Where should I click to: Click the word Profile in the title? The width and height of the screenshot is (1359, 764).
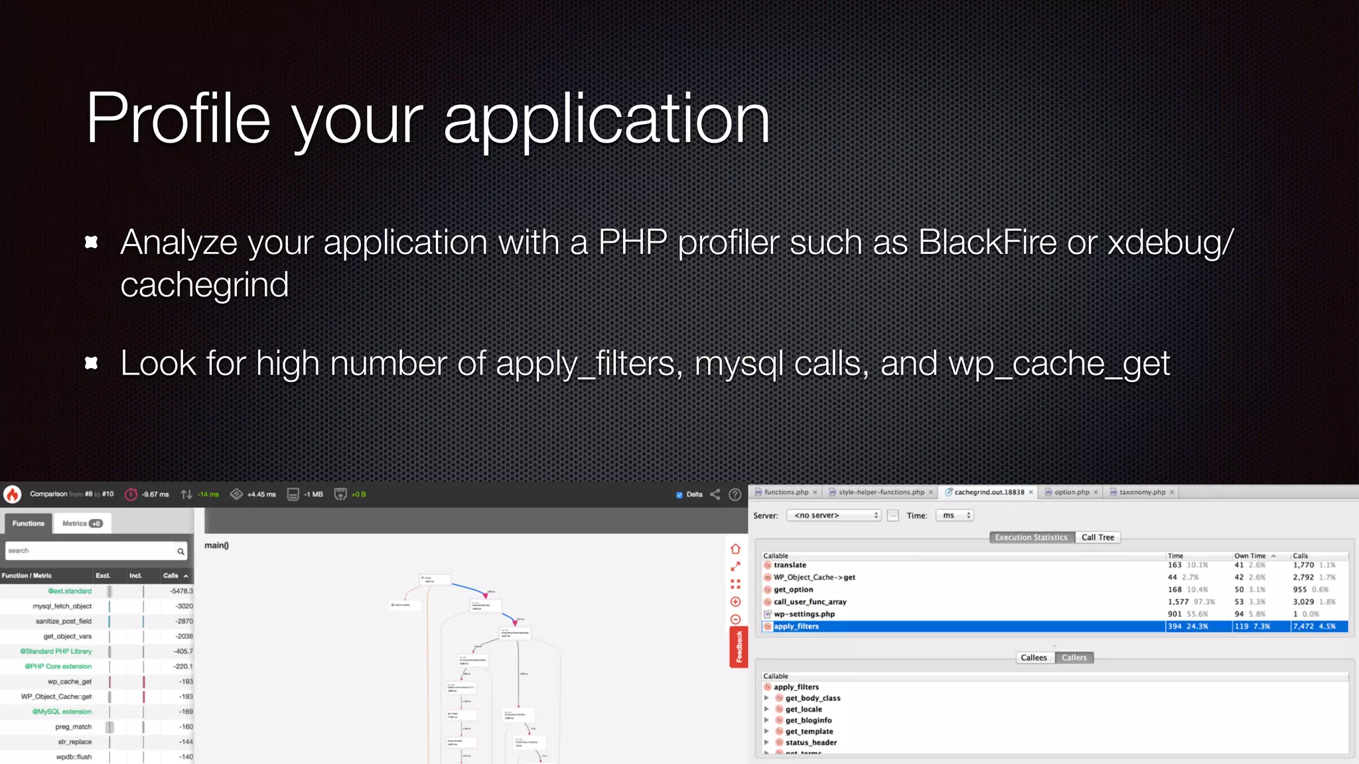point(178,119)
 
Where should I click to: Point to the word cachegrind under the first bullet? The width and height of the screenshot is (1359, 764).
point(204,285)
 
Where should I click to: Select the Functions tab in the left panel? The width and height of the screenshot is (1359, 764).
point(29,523)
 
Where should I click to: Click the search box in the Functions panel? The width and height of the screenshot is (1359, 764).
point(90,551)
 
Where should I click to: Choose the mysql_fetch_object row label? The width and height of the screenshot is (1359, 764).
point(62,606)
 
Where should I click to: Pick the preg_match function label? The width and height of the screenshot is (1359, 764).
point(73,727)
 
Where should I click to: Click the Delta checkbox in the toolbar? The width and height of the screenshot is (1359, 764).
point(679,495)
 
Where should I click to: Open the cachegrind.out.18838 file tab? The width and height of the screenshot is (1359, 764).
point(989,492)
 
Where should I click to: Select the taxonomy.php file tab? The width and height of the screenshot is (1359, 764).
point(1142,492)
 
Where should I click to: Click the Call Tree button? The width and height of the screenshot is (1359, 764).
point(1098,537)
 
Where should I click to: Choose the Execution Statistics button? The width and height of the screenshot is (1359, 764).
point(1031,537)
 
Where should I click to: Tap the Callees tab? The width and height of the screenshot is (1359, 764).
point(1034,658)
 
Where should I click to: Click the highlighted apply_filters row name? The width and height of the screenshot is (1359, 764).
point(796,626)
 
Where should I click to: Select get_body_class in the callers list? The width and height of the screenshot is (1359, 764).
point(813,698)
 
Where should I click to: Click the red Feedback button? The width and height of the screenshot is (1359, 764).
point(739,647)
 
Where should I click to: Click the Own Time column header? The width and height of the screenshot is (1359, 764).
point(1250,556)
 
